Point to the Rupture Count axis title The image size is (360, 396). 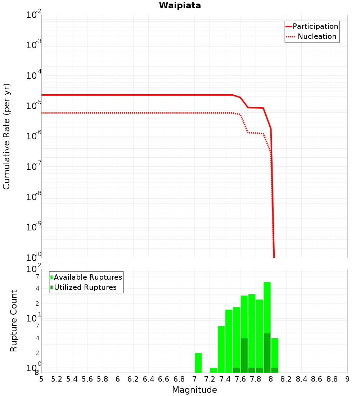pos(14,321)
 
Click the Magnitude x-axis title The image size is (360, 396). pos(194,390)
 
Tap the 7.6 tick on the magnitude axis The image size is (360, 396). pos(240,379)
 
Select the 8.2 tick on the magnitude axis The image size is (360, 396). pos(286,379)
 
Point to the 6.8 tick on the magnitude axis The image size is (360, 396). pos(179,379)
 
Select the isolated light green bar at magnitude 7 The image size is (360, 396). pos(198,363)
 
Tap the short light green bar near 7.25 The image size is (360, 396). pos(213,370)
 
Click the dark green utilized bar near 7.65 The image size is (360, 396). pos(244,355)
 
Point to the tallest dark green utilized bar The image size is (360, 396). pos(267,353)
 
